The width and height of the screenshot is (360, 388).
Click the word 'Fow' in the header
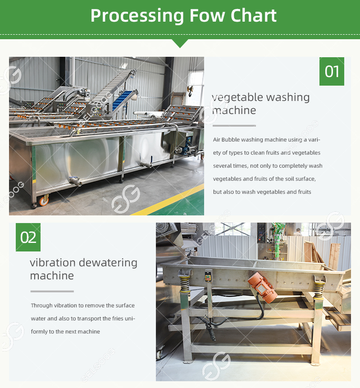208,15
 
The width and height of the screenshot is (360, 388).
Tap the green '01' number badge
332,71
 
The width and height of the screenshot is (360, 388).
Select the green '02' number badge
28,237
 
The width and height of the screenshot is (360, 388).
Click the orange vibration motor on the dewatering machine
263,288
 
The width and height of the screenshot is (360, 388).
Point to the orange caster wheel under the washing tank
44,201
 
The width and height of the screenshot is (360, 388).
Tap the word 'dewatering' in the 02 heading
108,263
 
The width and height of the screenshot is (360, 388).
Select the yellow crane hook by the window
191,91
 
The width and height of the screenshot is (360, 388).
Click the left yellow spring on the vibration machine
185,283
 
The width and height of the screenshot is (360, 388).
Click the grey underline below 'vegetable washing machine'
234,126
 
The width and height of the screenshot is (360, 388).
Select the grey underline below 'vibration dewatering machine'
52,291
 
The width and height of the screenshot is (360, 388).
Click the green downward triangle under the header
180,43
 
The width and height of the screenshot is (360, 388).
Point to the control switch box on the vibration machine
208,276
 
